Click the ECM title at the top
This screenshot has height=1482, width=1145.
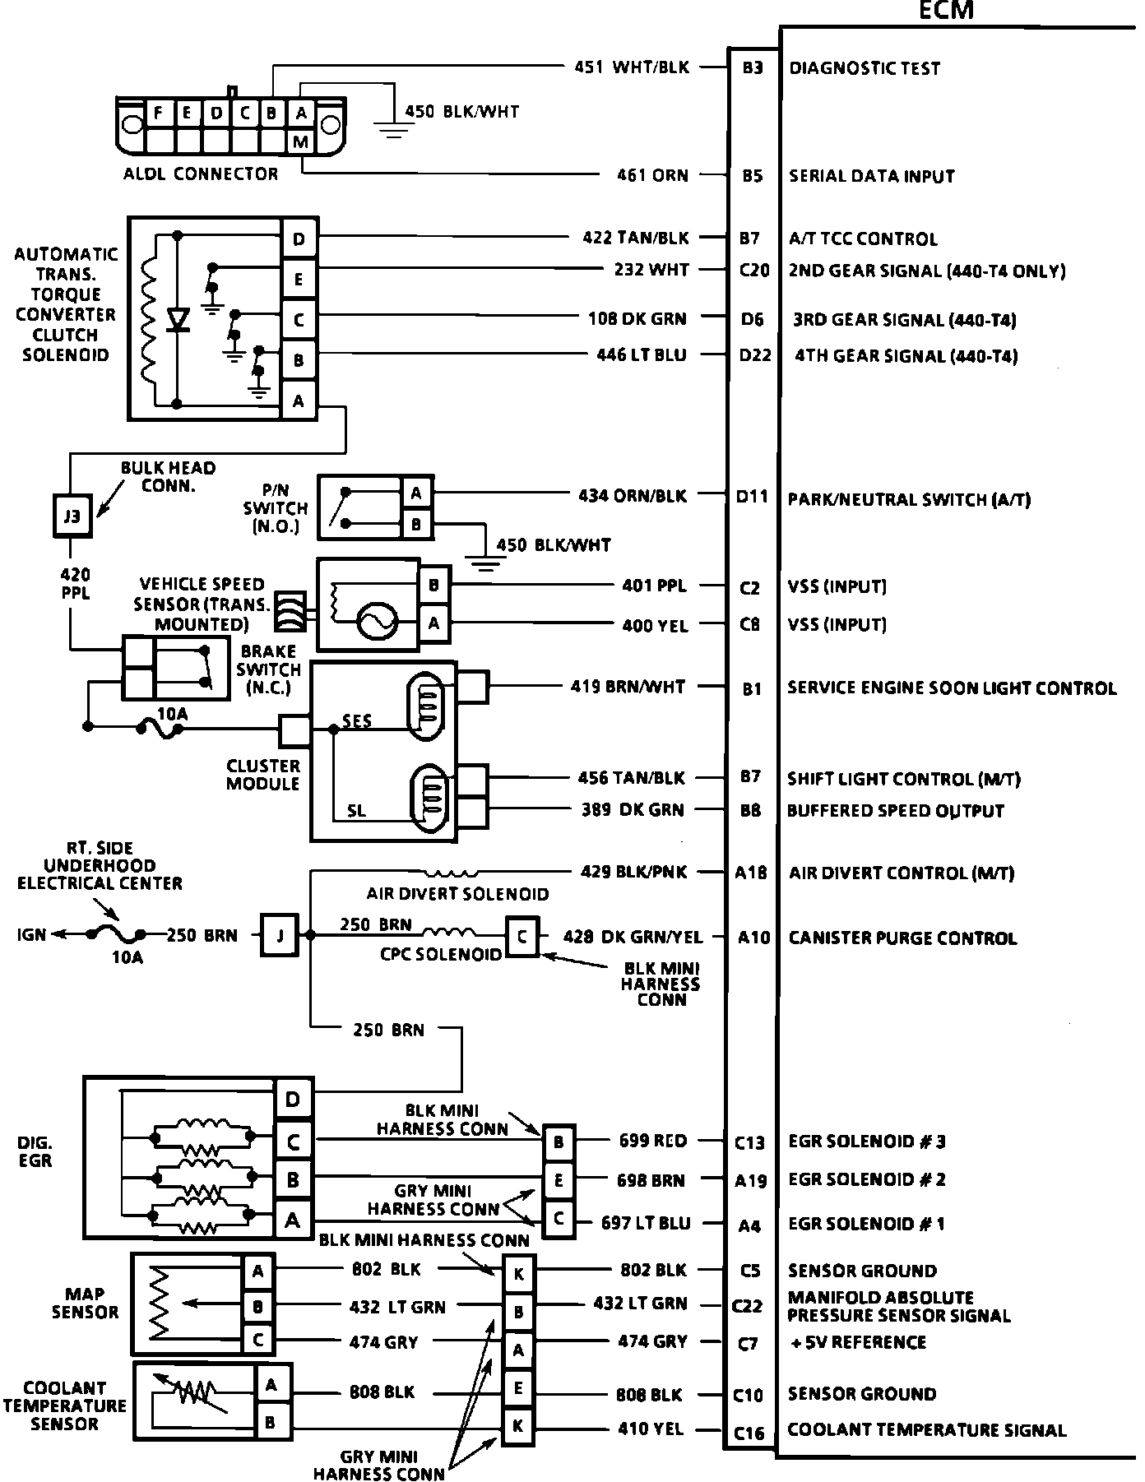(945, 10)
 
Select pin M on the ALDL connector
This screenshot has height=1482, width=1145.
(301, 142)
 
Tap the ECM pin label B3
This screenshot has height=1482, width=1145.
(753, 68)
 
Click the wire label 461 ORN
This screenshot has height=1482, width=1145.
(652, 175)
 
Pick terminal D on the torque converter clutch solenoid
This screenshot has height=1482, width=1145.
(299, 239)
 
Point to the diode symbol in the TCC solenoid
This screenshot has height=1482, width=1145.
(177, 319)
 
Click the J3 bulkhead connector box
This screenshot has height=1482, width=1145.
(72, 516)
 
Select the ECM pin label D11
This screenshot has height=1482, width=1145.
(752, 497)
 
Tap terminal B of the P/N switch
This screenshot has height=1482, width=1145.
(416, 524)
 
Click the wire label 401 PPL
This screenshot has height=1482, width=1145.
(654, 586)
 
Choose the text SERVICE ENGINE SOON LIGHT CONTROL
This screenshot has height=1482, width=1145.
(952, 688)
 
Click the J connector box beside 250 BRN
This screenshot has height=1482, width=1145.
(280, 935)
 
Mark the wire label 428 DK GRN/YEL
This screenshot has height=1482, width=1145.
(633, 937)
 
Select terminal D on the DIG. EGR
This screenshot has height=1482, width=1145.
(294, 1099)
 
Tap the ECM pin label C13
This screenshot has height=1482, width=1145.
(749, 1142)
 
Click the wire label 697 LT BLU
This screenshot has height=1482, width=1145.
(646, 1223)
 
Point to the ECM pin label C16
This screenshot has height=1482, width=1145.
(749, 1433)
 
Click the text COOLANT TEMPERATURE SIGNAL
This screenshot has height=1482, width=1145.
(926, 1430)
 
